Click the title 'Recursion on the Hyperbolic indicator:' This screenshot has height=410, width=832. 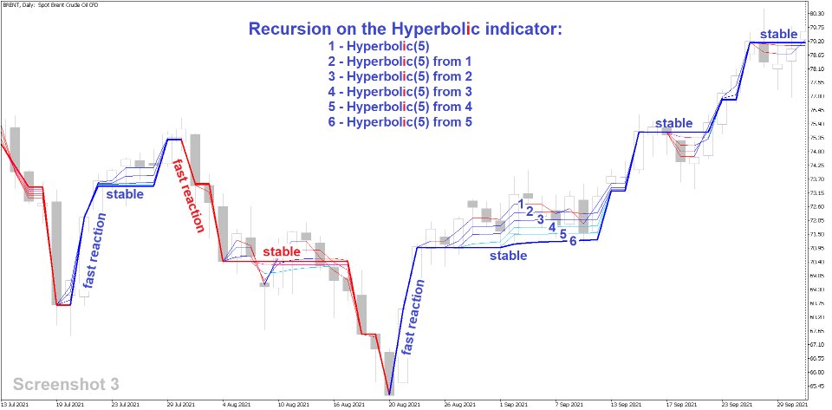[x=406, y=29]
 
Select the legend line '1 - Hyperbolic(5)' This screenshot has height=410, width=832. [x=379, y=46]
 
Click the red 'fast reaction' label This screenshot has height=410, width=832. [x=188, y=195]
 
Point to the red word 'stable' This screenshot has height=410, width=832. [x=282, y=251]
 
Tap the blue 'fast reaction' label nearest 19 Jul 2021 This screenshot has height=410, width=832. [x=92, y=251]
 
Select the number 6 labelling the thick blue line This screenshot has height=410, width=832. [x=573, y=240]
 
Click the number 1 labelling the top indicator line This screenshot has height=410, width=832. [x=522, y=203]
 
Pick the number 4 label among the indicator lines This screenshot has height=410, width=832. [x=551, y=226]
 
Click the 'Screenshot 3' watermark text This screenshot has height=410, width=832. [x=67, y=383]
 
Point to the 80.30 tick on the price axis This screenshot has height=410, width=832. [x=816, y=14]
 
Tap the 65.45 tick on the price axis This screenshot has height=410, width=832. [x=816, y=386]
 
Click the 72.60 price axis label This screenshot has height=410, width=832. [x=816, y=206]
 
